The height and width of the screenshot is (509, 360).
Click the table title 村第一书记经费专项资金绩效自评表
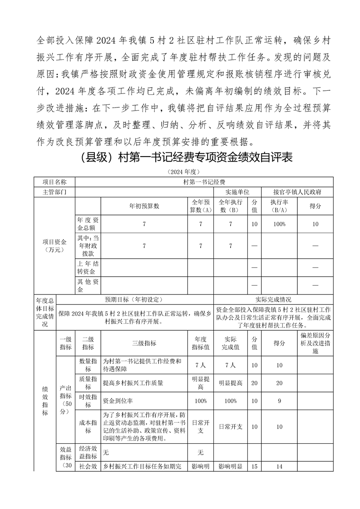[x=181, y=157]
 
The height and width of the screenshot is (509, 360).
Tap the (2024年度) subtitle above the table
[x=181, y=172]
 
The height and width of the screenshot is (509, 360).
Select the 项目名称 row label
[x=54, y=182]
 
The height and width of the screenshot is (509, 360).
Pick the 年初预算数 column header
[x=144, y=206]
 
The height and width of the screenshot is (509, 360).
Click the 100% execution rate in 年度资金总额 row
[x=279, y=224]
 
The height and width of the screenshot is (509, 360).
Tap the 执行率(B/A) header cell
[x=279, y=206]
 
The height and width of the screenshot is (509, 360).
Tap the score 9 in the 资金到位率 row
[x=279, y=401]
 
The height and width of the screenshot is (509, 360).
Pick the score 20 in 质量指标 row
[x=279, y=383]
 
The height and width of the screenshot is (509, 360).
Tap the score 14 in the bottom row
[x=279, y=466]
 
